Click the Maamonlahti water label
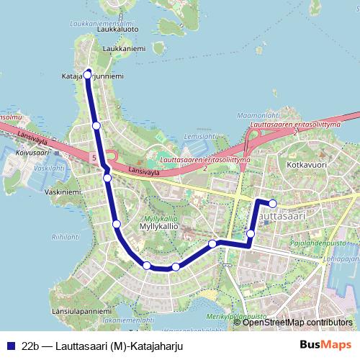[x=258, y=115]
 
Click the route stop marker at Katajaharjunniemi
[x=89, y=73]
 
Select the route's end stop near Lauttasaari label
[x=273, y=204]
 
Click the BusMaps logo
[x=326, y=346]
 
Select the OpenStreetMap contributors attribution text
[x=297, y=322]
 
